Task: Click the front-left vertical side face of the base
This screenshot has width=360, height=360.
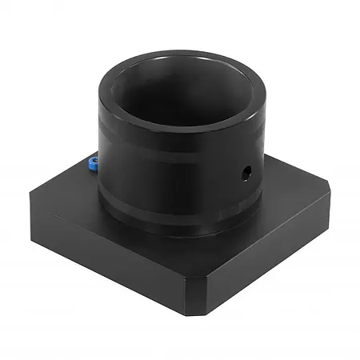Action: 104,248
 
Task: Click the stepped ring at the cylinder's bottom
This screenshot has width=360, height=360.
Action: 176,226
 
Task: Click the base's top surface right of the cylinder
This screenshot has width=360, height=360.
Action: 288,200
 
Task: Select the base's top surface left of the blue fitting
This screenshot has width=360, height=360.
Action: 68,188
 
